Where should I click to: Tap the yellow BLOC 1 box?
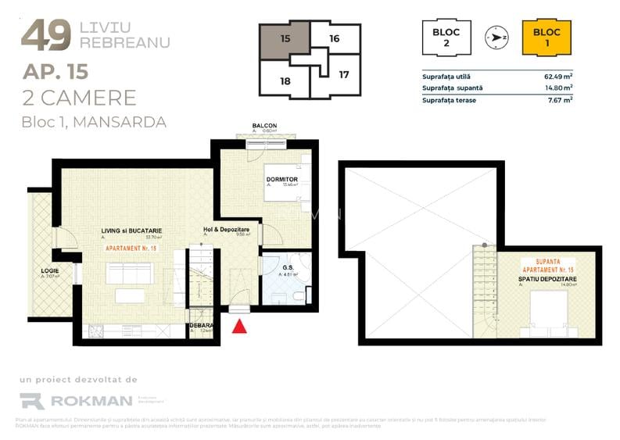click(x=547, y=38)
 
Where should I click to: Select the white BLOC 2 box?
click(x=446, y=38)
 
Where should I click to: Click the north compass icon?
click(x=496, y=37)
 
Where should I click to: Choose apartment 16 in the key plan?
click(x=335, y=37)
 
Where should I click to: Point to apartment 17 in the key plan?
click(x=344, y=76)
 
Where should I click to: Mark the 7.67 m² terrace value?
click(x=560, y=100)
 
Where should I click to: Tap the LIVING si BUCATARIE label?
click(x=131, y=231)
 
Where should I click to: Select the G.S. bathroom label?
click(x=287, y=267)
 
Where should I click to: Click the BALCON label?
click(x=264, y=125)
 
